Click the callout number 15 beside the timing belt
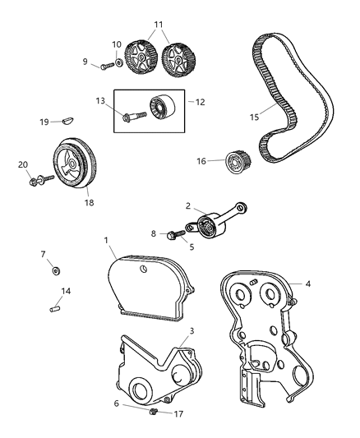253,117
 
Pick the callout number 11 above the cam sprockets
159,24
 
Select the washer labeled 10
121,61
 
